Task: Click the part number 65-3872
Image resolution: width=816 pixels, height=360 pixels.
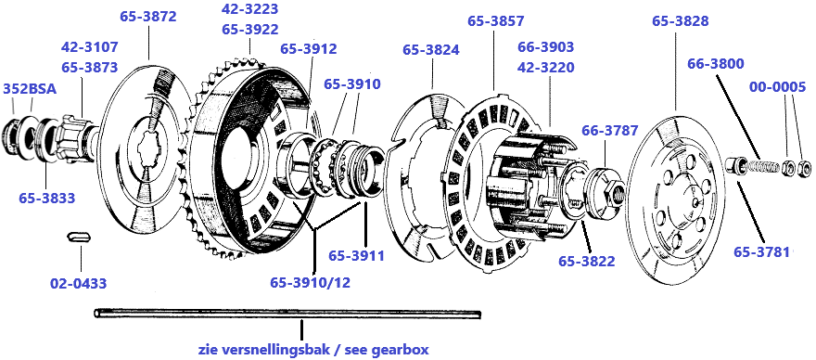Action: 148,16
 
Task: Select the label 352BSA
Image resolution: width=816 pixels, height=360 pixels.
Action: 30,88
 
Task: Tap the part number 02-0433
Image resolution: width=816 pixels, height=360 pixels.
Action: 78,283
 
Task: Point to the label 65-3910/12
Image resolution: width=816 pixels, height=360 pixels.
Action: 310,282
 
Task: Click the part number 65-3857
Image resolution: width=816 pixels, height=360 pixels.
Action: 495,21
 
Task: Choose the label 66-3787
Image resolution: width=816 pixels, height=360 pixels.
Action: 609,131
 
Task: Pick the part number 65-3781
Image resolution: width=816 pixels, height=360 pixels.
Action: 762,251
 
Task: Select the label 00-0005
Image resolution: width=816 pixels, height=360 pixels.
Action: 777,87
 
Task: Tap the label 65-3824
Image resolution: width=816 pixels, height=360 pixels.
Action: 431,50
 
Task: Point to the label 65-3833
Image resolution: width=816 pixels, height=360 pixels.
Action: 47,198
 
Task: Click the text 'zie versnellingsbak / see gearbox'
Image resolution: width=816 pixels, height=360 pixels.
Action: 313,349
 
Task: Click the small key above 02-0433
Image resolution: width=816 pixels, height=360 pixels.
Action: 80,237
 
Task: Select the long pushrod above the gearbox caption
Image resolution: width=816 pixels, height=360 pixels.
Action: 287,314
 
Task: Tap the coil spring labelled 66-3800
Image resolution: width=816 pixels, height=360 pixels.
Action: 761,167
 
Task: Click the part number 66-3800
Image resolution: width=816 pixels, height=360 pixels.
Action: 716,64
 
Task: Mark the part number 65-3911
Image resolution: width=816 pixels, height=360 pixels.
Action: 356,255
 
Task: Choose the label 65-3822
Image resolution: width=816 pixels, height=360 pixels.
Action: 586,261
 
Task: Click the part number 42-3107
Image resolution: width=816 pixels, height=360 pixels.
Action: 90,47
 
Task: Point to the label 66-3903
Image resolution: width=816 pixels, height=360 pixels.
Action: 546,47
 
